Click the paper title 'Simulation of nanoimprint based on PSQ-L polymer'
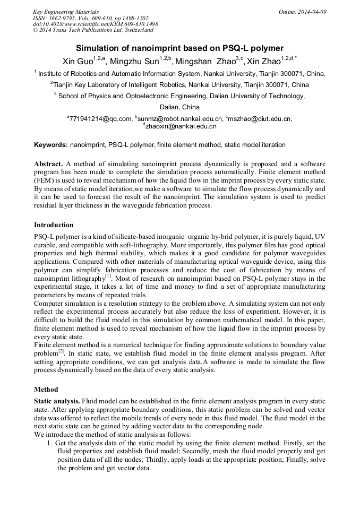click(179, 48)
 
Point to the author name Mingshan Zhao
click(205, 61)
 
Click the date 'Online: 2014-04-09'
click(303, 11)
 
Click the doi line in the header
click(95, 24)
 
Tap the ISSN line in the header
click(91, 18)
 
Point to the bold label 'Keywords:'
click(51, 144)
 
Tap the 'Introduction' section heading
click(54, 225)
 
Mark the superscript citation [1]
click(108, 275)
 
